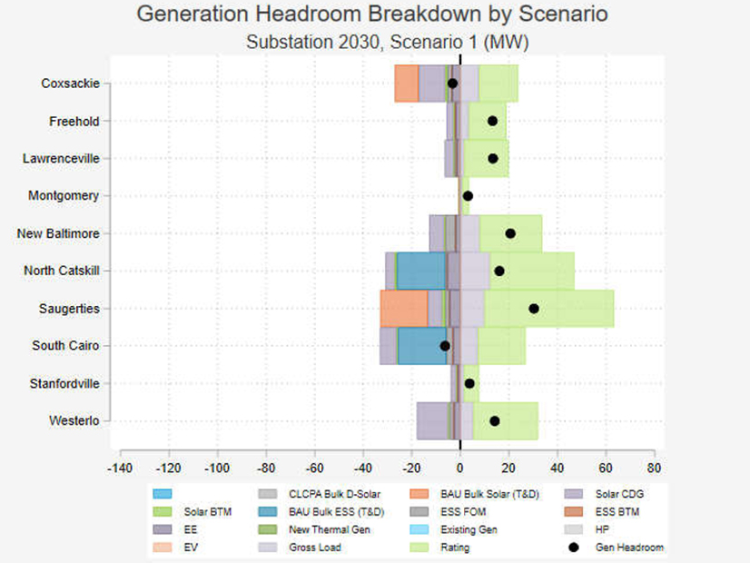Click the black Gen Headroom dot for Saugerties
pyautogui.click(x=534, y=309)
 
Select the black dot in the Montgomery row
pyautogui.click(x=468, y=196)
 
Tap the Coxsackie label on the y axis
pyautogui.click(x=70, y=84)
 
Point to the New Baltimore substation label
pyautogui.click(x=58, y=233)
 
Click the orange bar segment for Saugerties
pyautogui.click(x=403, y=309)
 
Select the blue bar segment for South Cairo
pyautogui.click(x=422, y=346)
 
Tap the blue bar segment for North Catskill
pyautogui.click(x=422, y=271)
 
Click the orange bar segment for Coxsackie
pyautogui.click(x=406, y=84)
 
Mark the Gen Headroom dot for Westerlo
pyautogui.click(x=495, y=420)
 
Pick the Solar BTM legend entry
pyautogui.click(x=212, y=512)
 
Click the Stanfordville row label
pyautogui.click(x=66, y=383)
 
